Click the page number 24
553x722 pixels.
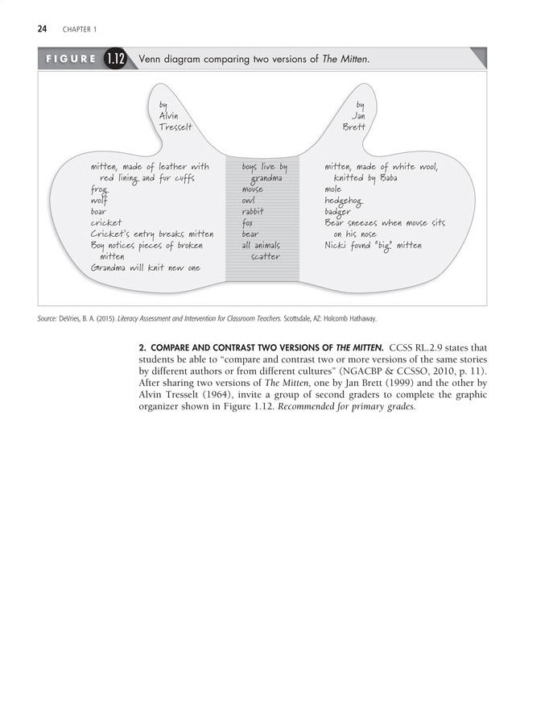42,30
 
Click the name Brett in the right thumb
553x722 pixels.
353,127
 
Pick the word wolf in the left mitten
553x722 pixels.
99,201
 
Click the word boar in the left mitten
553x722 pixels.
99,212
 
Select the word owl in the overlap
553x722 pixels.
250,201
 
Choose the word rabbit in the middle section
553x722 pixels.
253,212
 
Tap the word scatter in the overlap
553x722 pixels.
265,256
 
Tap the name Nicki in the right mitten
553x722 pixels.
336,245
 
